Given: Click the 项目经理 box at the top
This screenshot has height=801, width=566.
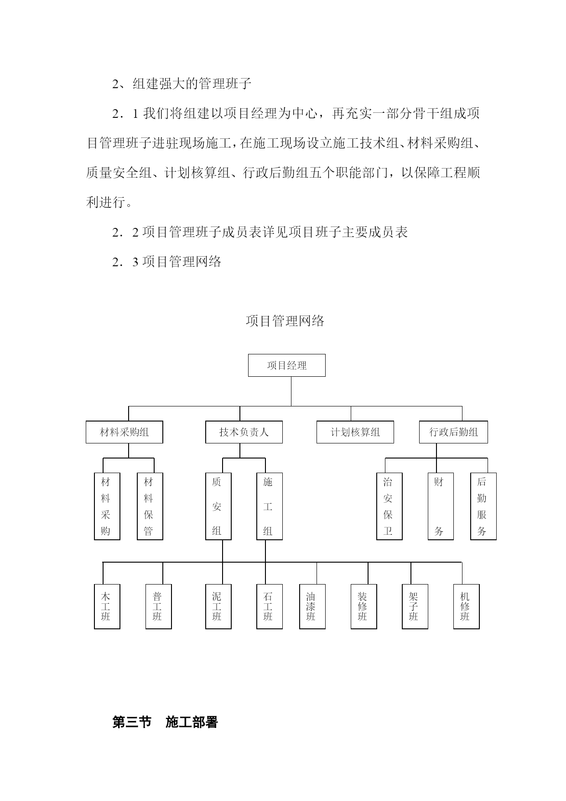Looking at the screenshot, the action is [286, 365].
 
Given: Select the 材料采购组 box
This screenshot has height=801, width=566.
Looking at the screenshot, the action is [125, 432].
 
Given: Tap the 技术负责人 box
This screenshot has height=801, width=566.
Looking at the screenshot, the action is [244, 432].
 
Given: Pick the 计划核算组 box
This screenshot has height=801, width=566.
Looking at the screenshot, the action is [355, 432].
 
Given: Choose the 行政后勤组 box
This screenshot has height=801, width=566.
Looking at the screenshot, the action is [453, 432].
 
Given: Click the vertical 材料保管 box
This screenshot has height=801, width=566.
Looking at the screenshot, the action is [150, 506].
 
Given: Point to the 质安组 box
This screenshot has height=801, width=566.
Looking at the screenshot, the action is [218, 506].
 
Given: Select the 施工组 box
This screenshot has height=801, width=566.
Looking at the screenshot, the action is [270, 506].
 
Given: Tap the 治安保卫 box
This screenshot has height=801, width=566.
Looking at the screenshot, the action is [389, 506].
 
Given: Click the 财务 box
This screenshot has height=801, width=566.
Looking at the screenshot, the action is [441, 506].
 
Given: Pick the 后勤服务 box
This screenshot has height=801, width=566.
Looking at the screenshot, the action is [483, 506].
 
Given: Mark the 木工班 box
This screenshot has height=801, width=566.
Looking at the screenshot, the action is [107, 606].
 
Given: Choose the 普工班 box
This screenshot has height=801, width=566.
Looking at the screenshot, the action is [159, 606].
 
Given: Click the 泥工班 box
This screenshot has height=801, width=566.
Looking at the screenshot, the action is [218, 606].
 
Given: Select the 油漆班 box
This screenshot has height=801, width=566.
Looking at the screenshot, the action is [312, 606].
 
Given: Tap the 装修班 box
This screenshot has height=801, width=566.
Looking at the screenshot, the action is [364, 606].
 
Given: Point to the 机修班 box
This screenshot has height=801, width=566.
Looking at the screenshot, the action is [467, 606].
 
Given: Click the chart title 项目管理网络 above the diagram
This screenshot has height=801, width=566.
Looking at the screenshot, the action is [285, 321].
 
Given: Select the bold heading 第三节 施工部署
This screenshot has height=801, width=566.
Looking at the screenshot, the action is [165, 722].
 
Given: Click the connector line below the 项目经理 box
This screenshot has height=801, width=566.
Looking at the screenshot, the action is [291, 391].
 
